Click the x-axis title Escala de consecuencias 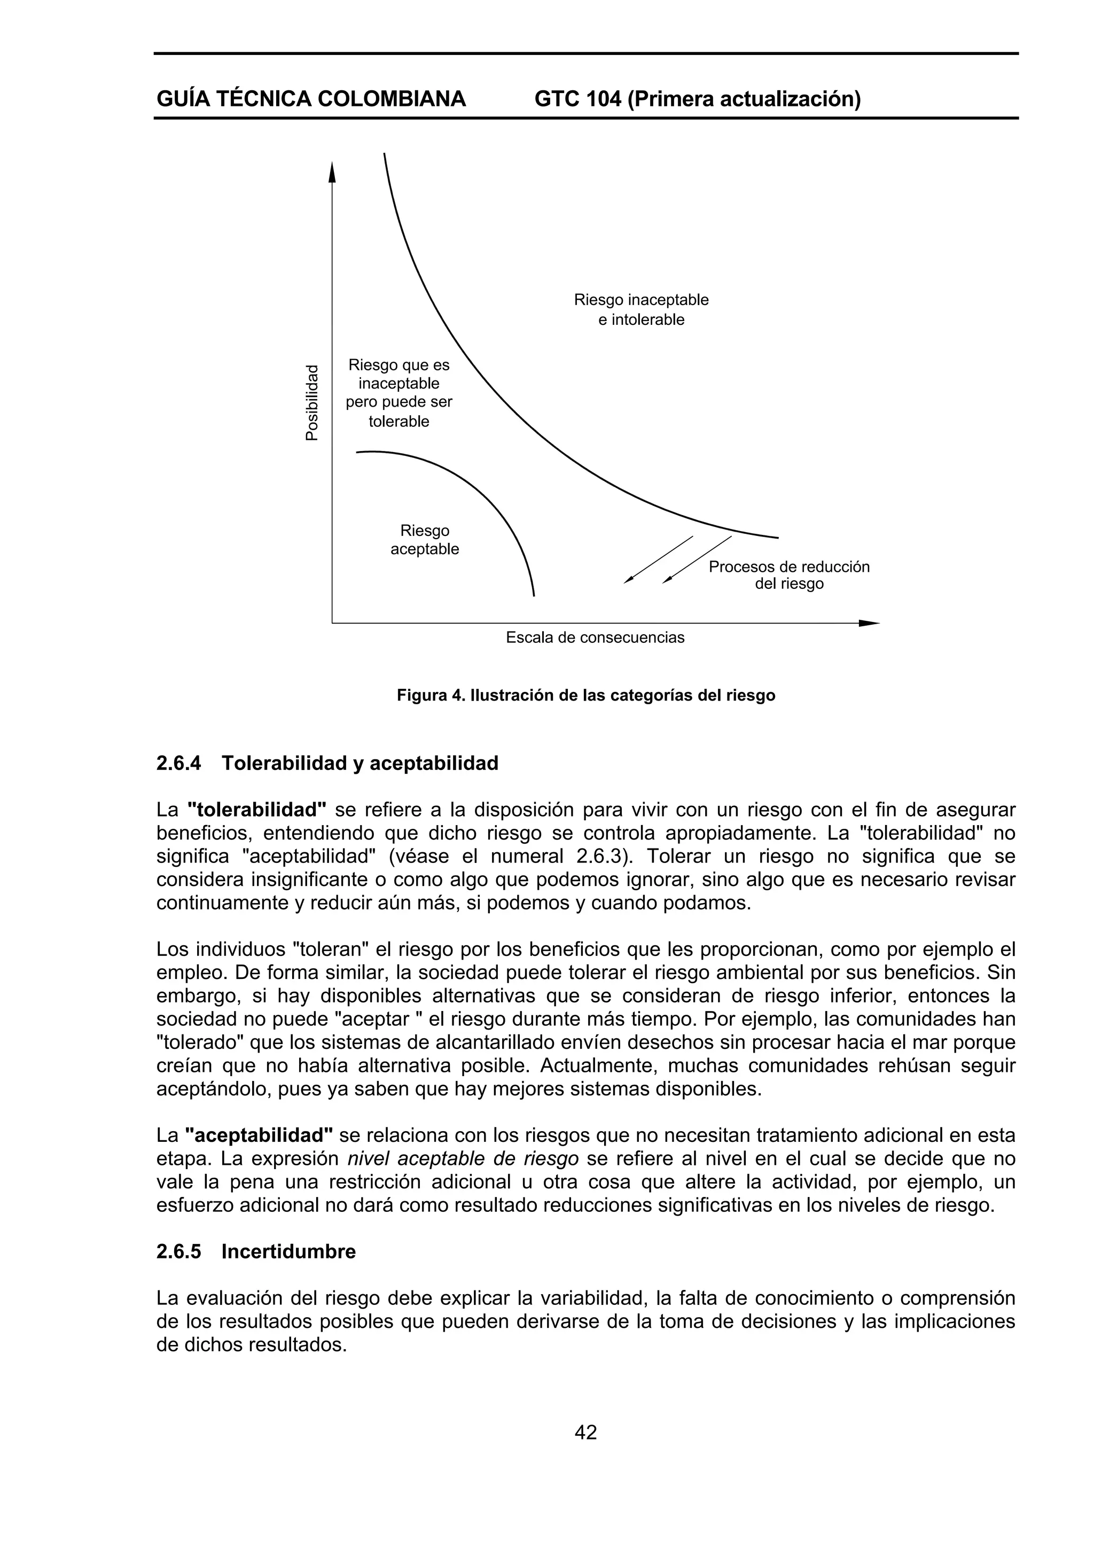tap(595, 637)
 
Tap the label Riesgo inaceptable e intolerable tap(640, 309)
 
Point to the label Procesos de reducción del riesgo tap(788, 574)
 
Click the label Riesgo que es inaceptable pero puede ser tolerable tap(398, 393)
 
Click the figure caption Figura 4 tap(586, 695)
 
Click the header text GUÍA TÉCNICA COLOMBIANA tap(311, 99)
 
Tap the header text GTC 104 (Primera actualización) tap(697, 99)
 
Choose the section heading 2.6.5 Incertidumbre tap(256, 1251)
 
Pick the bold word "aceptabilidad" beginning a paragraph tap(259, 1135)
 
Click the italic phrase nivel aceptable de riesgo tap(463, 1159)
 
